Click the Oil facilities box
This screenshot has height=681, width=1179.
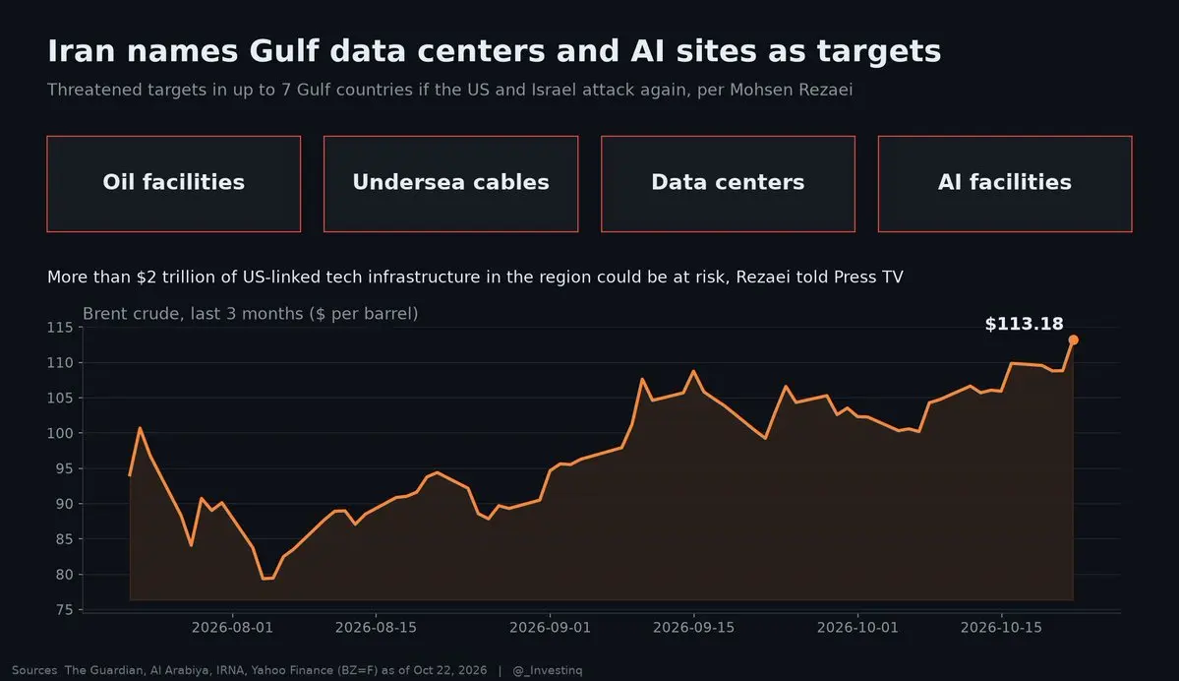click(x=174, y=184)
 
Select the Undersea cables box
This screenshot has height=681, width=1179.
click(x=451, y=184)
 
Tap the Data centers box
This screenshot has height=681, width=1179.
click(x=728, y=184)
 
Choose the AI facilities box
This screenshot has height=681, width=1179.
click(x=1005, y=184)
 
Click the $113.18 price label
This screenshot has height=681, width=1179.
click(x=1024, y=325)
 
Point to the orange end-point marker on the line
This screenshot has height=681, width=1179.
click(x=1074, y=340)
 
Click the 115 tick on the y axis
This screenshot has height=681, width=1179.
click(x=60, y=328)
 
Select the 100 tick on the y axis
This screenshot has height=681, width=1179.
click(x=60, y=433)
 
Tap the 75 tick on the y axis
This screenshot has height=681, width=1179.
click(x=65, y=610)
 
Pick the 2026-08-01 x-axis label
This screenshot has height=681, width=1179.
click(x=232, y=628)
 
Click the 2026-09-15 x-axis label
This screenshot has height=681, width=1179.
click(x=694, y=628)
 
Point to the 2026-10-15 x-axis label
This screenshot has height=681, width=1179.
click(x=1002, y=628)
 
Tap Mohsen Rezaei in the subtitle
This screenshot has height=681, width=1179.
click(x=791, y=90)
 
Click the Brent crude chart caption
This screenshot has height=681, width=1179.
click(x=251, y=314)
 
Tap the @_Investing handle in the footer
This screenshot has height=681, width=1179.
click(x=548, y=670)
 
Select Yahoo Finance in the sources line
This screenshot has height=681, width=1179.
click(x=292, y=670)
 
